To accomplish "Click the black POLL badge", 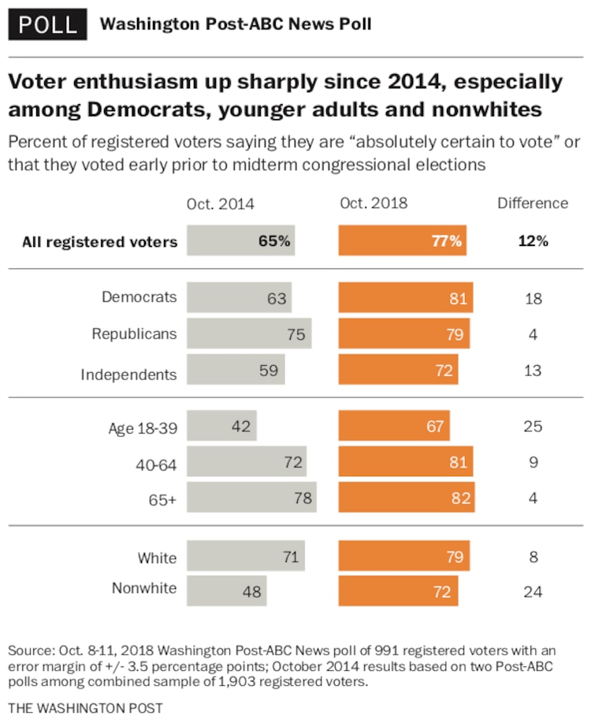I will tap(47, 24).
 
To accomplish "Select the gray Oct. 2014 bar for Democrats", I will tap(239, 298).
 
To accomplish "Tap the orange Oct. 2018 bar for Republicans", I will tap(404, 334).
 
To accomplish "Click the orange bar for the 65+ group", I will tap(407, 498).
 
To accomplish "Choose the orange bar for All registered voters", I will tap(402, 240).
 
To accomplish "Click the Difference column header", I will tap(532, 203).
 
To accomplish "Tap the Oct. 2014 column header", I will tap(220, 203).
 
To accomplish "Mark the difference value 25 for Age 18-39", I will tap(533, 427).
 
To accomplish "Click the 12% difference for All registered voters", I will tap(533, 241).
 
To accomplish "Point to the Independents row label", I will tap(128, 374).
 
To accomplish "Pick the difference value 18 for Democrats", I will tap(533, 298).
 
